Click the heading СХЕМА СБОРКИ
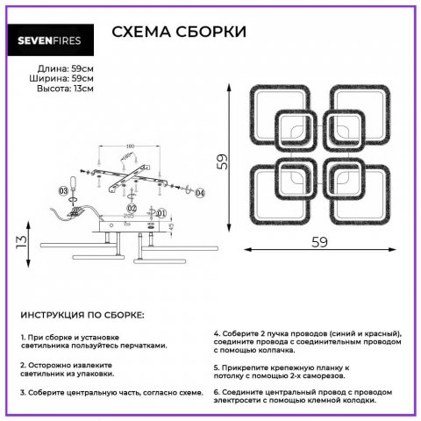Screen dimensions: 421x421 tap(179, 32)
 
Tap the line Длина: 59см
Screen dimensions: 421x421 tap(66, 68)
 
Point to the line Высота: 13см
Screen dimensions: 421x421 tap(65, 89)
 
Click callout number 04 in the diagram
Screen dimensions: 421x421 tap(200, 192)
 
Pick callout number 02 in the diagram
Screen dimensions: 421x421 tap(131, 209)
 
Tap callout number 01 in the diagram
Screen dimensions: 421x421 tap(161, 211)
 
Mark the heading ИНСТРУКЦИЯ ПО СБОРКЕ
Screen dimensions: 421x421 tap(82, 313)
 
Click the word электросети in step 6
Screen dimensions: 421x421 tap(245, 400)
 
